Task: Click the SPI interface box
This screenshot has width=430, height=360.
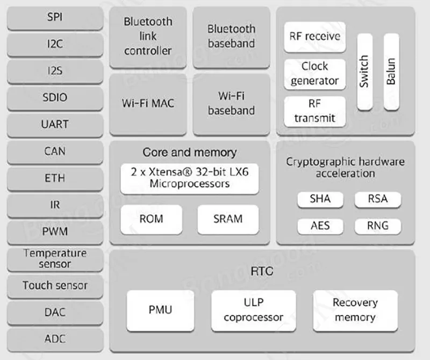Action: pos(55,17)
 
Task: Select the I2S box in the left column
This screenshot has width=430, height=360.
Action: pos(55,71)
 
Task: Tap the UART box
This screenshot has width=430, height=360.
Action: pos(55,124)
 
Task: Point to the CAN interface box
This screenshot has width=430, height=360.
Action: pos(55,151)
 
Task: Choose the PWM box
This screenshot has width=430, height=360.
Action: pos(55,232)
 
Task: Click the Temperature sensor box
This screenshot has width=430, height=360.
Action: pos(55,258)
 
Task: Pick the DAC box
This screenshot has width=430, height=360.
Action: pos(55,312)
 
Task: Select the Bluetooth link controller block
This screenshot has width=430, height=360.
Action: pos(148,37)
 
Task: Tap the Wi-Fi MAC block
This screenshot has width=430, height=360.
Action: pos(148,103)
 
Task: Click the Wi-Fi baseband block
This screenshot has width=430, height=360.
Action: pos(231,103)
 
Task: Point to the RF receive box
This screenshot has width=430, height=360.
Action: pos(314,37)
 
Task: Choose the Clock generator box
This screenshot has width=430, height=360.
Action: pos(314,74)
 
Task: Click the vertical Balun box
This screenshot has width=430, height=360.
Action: pos(391,72)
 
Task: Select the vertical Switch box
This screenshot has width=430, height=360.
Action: pos(364,72)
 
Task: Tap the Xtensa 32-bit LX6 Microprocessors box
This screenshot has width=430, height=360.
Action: pos(189,178)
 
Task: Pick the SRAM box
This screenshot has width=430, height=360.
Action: pos(227,219)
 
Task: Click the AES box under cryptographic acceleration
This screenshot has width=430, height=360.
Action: pos(320,225)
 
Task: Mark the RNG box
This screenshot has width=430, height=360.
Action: pos(377,225)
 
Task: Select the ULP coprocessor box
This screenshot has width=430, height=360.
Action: pos(253,310)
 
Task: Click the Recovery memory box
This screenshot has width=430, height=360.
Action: pos(355,310)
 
